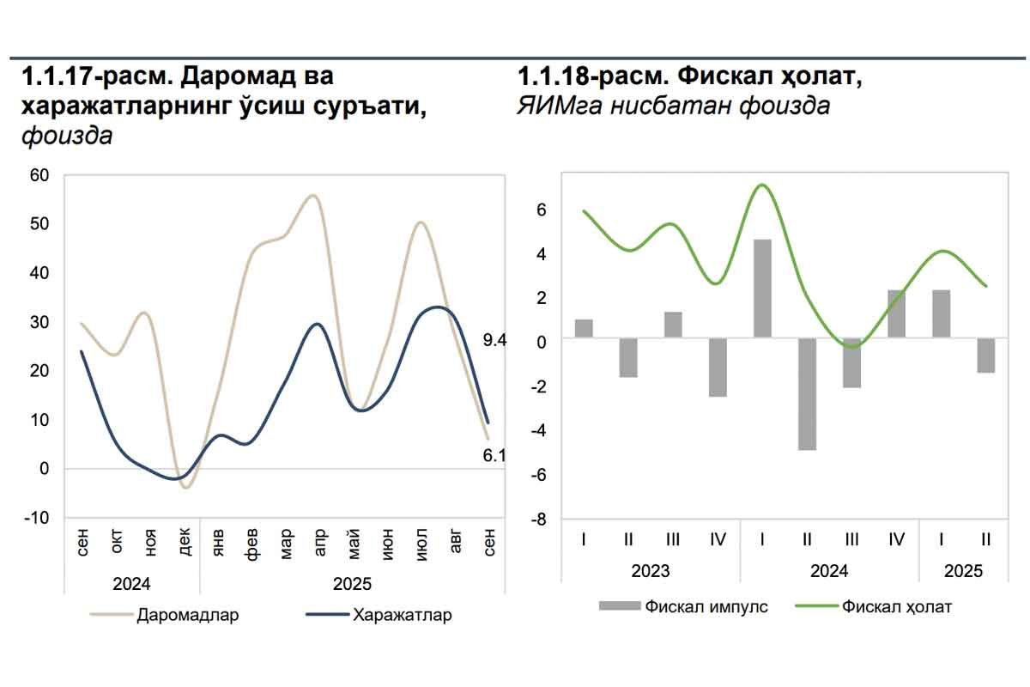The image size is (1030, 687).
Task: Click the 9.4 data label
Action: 496,341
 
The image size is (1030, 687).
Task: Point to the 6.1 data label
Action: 494,456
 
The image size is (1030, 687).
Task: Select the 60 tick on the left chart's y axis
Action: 40,175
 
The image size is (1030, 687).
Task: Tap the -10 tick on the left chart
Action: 37,518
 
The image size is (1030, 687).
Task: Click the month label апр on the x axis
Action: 319,543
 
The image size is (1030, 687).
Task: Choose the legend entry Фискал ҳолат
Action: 897,606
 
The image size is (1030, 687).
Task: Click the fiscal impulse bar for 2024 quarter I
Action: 762,289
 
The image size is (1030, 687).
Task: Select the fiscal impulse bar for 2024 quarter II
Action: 807,394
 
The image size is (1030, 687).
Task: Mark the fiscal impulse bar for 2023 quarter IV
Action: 718,368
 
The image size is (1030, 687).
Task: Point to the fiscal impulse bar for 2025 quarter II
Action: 985,356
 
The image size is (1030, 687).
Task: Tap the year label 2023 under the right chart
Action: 650,570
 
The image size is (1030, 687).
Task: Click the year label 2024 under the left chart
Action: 132,584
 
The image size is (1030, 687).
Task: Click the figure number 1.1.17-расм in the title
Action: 85,76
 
